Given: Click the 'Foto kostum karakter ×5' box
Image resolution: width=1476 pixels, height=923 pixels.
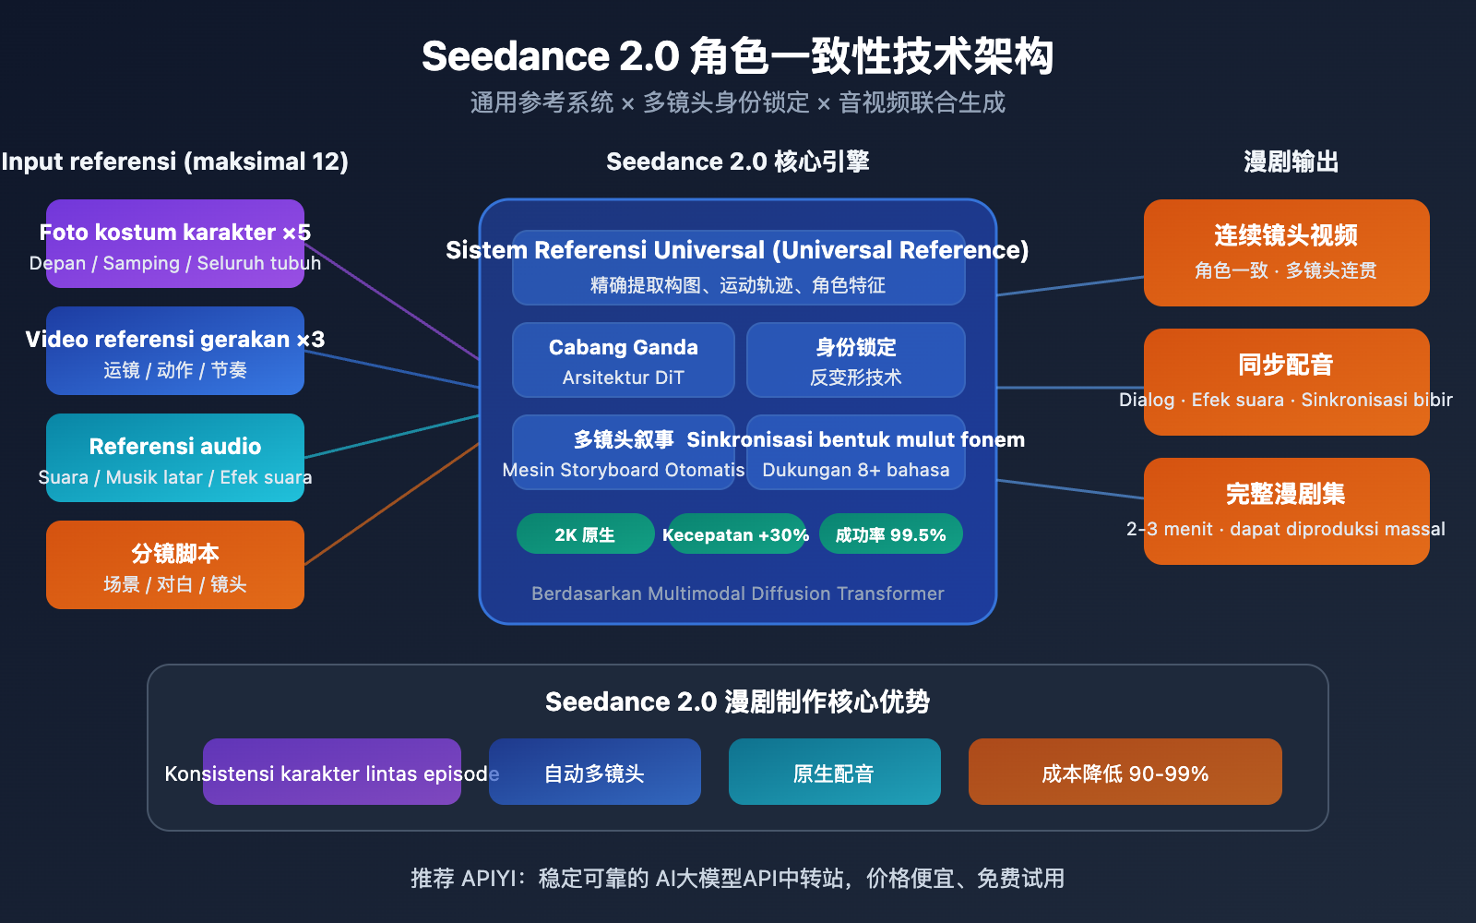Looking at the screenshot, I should [175, 244].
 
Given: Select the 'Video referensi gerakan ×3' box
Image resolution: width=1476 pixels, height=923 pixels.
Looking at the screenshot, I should [175, 351].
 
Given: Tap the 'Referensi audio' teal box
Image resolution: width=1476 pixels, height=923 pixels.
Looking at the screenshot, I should [175, 458].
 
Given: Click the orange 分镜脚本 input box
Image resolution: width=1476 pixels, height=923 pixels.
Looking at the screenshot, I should [175, 565].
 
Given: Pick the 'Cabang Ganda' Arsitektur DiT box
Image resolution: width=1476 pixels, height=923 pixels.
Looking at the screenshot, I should [624, 360].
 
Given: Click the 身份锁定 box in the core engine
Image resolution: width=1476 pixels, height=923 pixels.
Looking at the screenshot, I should [856, 360].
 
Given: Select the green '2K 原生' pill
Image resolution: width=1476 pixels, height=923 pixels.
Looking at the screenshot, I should [585, 534].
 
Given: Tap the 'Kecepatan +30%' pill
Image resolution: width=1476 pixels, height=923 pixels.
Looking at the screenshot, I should [736, 534].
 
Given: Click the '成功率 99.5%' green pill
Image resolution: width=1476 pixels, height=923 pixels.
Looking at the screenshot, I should [891, 534].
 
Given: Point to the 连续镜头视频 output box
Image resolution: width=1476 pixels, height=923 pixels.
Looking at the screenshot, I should [1286, 252].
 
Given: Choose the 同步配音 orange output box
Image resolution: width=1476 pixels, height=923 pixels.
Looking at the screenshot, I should [1286, 381].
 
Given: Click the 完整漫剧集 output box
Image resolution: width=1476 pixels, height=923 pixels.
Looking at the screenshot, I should [1286, 510].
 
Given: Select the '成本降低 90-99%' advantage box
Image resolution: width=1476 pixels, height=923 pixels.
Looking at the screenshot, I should [1125, 772].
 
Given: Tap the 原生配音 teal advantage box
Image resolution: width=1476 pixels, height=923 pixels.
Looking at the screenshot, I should [834, 772].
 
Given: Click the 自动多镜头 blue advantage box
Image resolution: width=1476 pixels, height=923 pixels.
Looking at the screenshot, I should [595, 772].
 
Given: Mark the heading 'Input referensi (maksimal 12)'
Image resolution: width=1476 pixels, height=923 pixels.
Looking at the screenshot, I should [175, 162].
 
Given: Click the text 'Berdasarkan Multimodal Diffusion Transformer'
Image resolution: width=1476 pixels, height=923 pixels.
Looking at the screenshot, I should [738, 593].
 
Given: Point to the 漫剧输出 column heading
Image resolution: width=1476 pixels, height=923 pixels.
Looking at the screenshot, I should [1291, 162].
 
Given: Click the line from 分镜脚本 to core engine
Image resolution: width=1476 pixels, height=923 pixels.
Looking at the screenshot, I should [392, 504].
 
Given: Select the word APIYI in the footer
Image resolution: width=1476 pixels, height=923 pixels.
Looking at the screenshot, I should [492, 878].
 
